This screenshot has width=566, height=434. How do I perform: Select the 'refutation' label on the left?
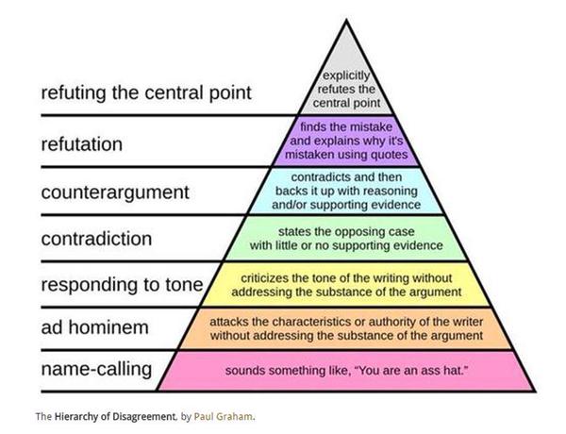[x=82, y=144]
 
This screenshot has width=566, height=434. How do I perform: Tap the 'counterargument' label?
[x=115, y=192]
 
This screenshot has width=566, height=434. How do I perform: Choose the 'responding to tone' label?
[x=123, y=284]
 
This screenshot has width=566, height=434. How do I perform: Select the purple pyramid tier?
[x=349, y=139]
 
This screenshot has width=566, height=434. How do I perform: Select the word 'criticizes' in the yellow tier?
[x=269, y=277]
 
